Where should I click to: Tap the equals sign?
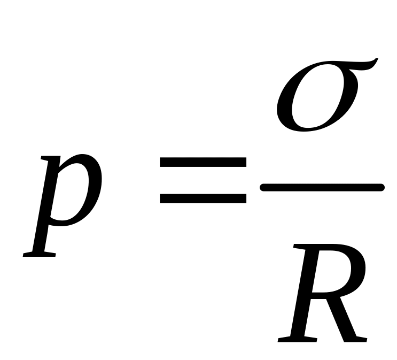click(x=203, y=180)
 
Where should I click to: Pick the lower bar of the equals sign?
click(x=203, y=198)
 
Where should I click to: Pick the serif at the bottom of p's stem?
click(x=40, y=255)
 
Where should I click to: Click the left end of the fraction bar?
click(x=263, y=187)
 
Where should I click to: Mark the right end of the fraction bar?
click(x=380, y=187)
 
